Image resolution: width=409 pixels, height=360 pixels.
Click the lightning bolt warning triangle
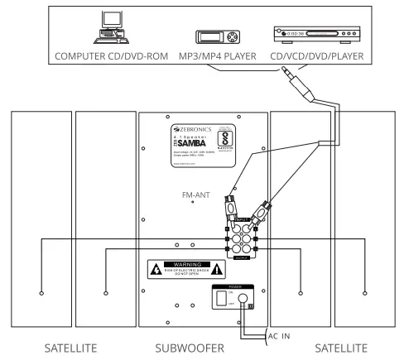click(x=155, y=270)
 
